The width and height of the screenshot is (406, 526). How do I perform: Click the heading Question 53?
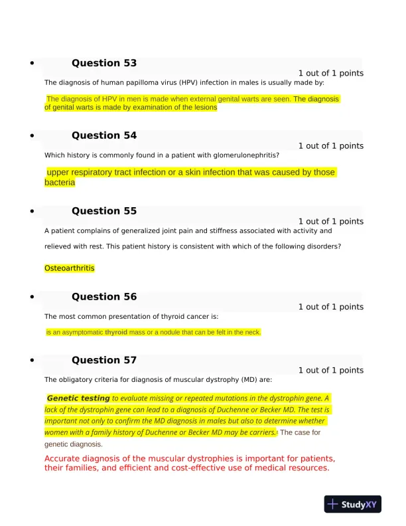(104, 63)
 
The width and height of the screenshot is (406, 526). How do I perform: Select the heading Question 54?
(104, 135)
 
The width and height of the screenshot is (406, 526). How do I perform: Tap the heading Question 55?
(104, 211)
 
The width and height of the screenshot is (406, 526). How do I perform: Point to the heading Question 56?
(104, 297)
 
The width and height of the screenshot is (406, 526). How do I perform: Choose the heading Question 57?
(104, 360)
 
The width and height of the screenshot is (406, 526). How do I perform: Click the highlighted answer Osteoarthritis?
(70, 268)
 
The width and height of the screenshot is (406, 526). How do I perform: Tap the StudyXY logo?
(353, 504)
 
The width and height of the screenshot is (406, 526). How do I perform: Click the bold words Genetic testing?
(79, 398)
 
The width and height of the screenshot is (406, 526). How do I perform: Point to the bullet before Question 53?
(32, 64)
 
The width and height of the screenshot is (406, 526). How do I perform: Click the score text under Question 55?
(330, 221)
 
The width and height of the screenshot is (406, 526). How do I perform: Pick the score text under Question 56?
(330, 307)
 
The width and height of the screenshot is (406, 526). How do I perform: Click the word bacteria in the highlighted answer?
(60, 183)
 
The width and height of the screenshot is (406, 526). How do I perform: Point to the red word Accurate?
(64, 459)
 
